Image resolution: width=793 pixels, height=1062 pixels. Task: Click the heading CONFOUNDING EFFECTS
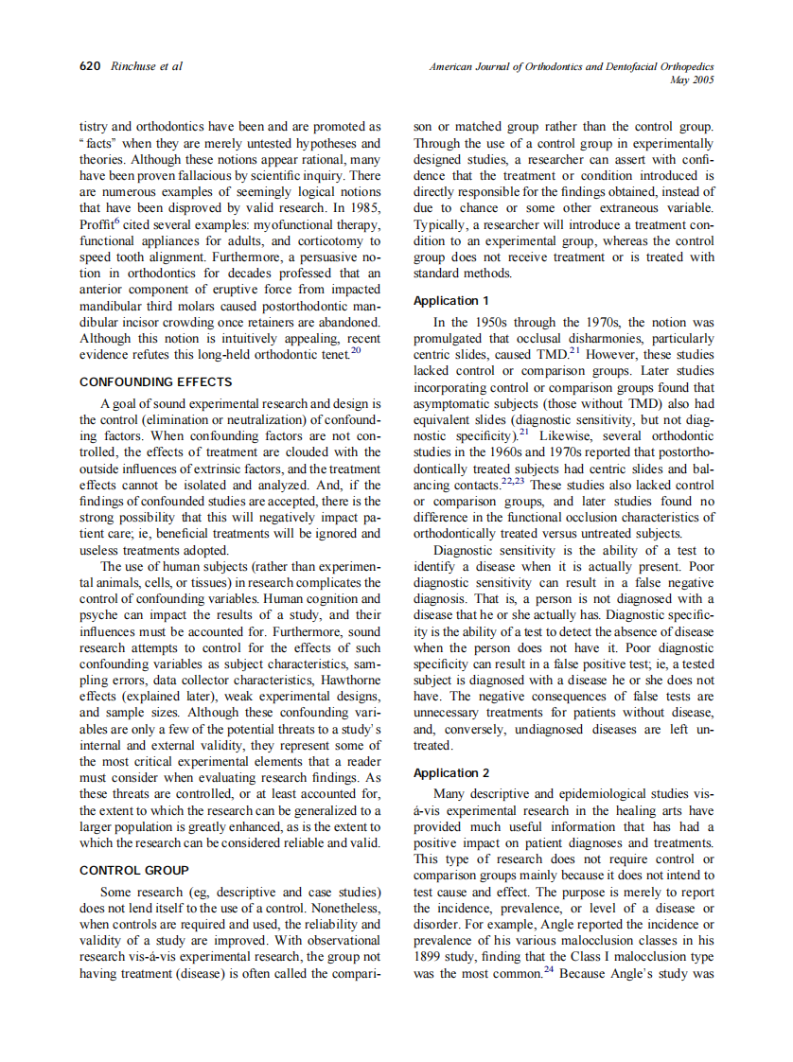point(155,382)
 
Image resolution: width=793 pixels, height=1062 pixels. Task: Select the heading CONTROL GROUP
point(133,870)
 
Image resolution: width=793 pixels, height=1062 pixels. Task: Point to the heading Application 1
point(450,301)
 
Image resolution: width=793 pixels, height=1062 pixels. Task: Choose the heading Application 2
point(451,773)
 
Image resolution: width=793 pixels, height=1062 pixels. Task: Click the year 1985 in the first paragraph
point(364,207)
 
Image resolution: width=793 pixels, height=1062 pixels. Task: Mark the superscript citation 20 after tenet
point(356,350)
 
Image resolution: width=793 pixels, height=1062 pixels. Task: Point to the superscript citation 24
point(548,970)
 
